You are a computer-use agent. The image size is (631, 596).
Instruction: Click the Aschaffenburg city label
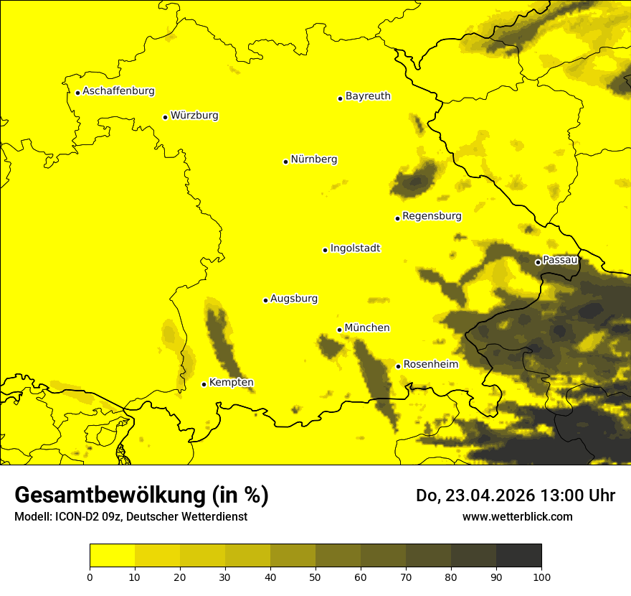click(118, 91)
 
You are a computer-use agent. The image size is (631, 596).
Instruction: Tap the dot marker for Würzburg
click(165, 117)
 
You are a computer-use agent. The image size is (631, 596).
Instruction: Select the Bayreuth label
click(368, 96)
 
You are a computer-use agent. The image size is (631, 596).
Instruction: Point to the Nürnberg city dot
click(285, 162)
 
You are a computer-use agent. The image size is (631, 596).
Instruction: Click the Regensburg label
click(432, 216)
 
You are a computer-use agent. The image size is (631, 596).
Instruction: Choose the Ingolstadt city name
click(355, 248)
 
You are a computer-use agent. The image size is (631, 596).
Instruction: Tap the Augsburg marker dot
click(265, 300)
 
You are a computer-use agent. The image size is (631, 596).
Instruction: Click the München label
click(366, 328)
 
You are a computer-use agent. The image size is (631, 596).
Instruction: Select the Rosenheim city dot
click(398, 366)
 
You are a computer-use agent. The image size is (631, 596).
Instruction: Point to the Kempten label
click(231, 383)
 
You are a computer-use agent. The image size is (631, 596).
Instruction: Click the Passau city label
click(560, 260)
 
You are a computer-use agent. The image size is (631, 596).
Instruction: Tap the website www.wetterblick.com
click(517, 516)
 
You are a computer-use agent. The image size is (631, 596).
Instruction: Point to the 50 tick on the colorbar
click(315, 577)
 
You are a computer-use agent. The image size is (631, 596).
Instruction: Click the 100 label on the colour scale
click(541, 577)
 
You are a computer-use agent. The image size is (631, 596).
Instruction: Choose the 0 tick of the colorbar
click(90, 577)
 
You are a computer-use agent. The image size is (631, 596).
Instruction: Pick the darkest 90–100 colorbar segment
click(518, 556)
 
